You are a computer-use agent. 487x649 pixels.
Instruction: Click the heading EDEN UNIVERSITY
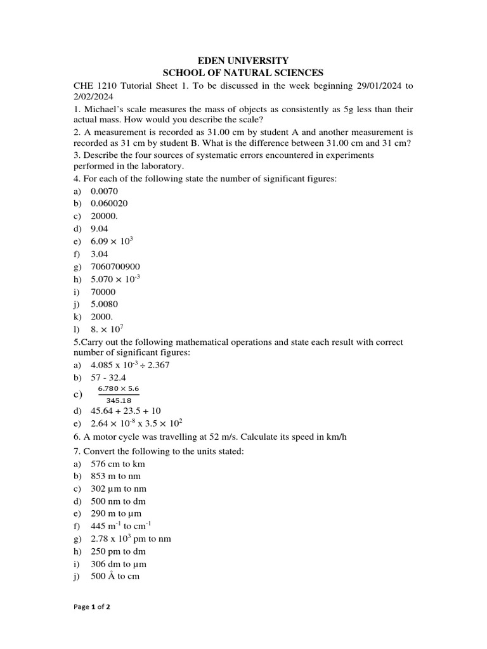[243, 60]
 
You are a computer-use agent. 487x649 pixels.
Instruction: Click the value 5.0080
[105, 304]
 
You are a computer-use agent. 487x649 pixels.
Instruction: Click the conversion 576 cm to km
[118, 464]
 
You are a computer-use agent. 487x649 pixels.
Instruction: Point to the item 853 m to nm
[116, 476]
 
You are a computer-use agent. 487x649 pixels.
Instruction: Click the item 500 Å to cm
[115, 576]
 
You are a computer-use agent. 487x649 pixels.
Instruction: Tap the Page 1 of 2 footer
[92, 607]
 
